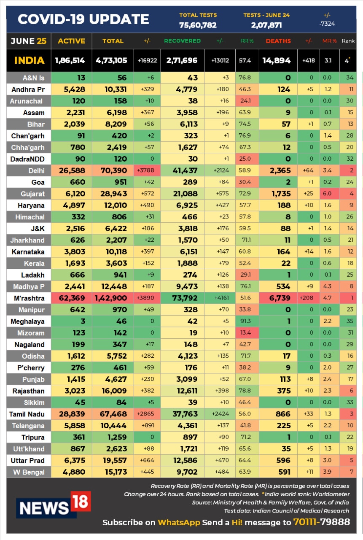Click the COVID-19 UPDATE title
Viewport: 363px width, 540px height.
tap(83, 19)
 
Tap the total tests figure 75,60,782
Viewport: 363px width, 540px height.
tap(198, 25)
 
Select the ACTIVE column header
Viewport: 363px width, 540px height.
tap(71, 41)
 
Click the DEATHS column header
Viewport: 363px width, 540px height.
tap(278, 41)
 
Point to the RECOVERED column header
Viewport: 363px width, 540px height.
tap(182, 41)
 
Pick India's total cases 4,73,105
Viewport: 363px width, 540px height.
tap(112, 60)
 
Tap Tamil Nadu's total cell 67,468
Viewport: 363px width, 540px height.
tap(112, 414)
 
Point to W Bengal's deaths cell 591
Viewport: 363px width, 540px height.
tap(278, 472)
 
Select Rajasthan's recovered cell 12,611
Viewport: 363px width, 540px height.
tap(182, 391)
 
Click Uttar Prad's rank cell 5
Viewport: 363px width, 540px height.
tap(348, 460)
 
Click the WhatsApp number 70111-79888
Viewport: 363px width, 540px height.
tap(322, 522)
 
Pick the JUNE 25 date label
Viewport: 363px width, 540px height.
tap(29, 41)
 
